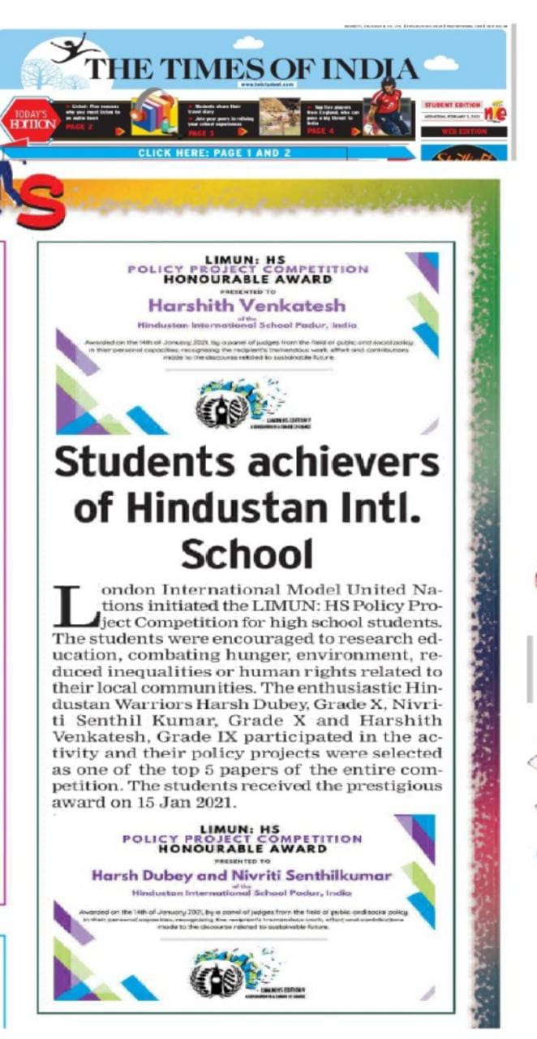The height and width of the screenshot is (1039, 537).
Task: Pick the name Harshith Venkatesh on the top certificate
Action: pyautogui.click(x=247, y=305)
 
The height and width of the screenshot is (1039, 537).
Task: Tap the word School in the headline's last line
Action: pyautogui.click(x=247, y=554)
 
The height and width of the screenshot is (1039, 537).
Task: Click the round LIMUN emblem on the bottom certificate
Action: pyautogui.click(x=216, y=978)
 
